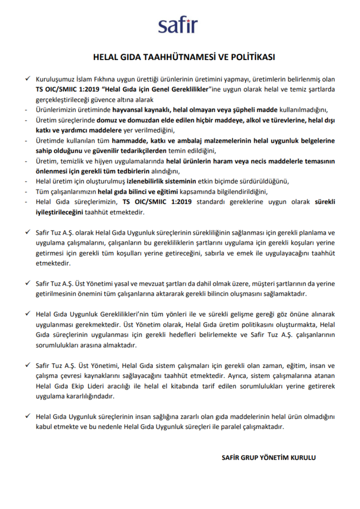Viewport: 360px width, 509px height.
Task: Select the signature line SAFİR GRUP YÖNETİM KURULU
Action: (269, 458)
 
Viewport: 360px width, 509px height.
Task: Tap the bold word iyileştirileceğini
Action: (53, 212)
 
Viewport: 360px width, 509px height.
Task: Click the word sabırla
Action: (214, 253)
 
